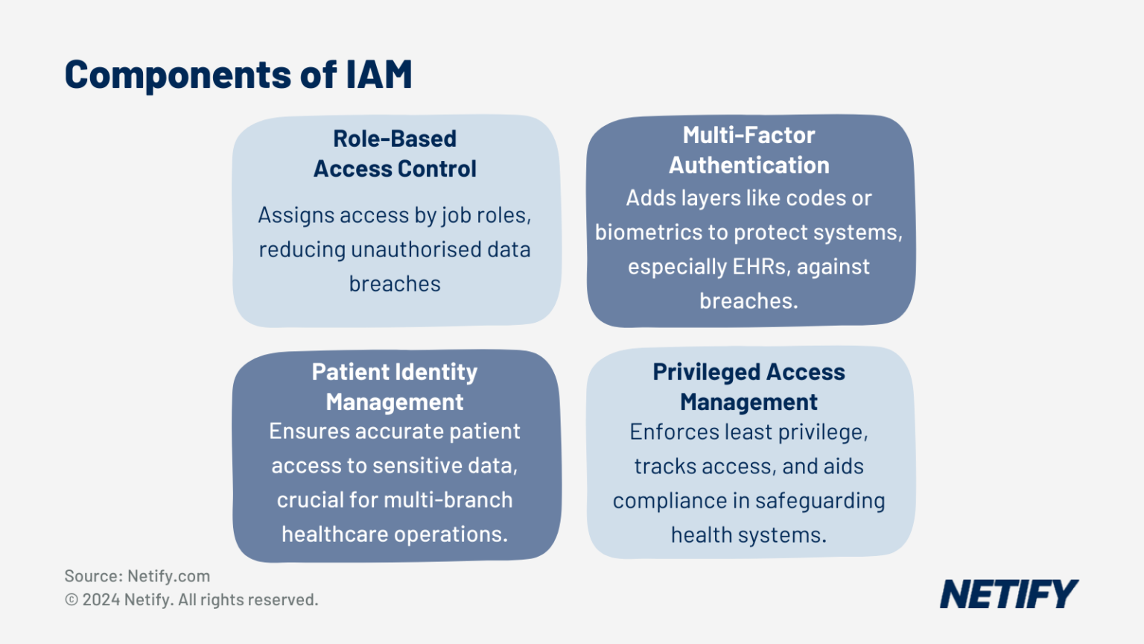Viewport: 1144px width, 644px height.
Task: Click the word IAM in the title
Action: (379, 75)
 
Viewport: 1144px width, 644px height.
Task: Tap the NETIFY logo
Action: (1008, 594)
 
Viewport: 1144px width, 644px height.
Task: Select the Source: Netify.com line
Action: (137, 576)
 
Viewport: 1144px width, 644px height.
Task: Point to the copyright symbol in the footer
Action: (71, 599)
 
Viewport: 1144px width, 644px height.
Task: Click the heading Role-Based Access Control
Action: (395, 154)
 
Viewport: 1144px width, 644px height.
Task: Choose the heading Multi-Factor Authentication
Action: (749, 150)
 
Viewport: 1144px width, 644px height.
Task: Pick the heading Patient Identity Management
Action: (395, 386)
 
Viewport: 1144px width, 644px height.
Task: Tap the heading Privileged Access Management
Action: (749, 386)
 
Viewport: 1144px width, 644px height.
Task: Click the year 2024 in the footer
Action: (101, 599)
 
